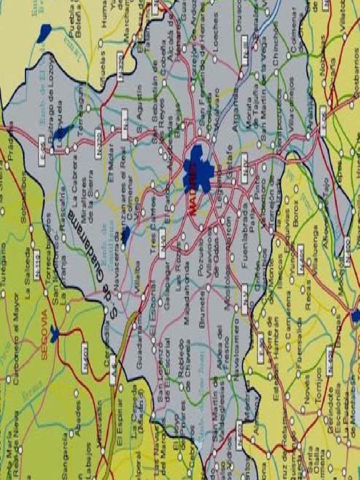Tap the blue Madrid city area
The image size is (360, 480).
tap(199, 169)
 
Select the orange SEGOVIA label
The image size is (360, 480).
tap(45, 335)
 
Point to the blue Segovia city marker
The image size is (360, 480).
tap(55, 334)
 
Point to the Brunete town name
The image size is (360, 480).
tap(202, 313)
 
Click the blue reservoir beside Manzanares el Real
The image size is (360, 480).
tap(126, 234)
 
